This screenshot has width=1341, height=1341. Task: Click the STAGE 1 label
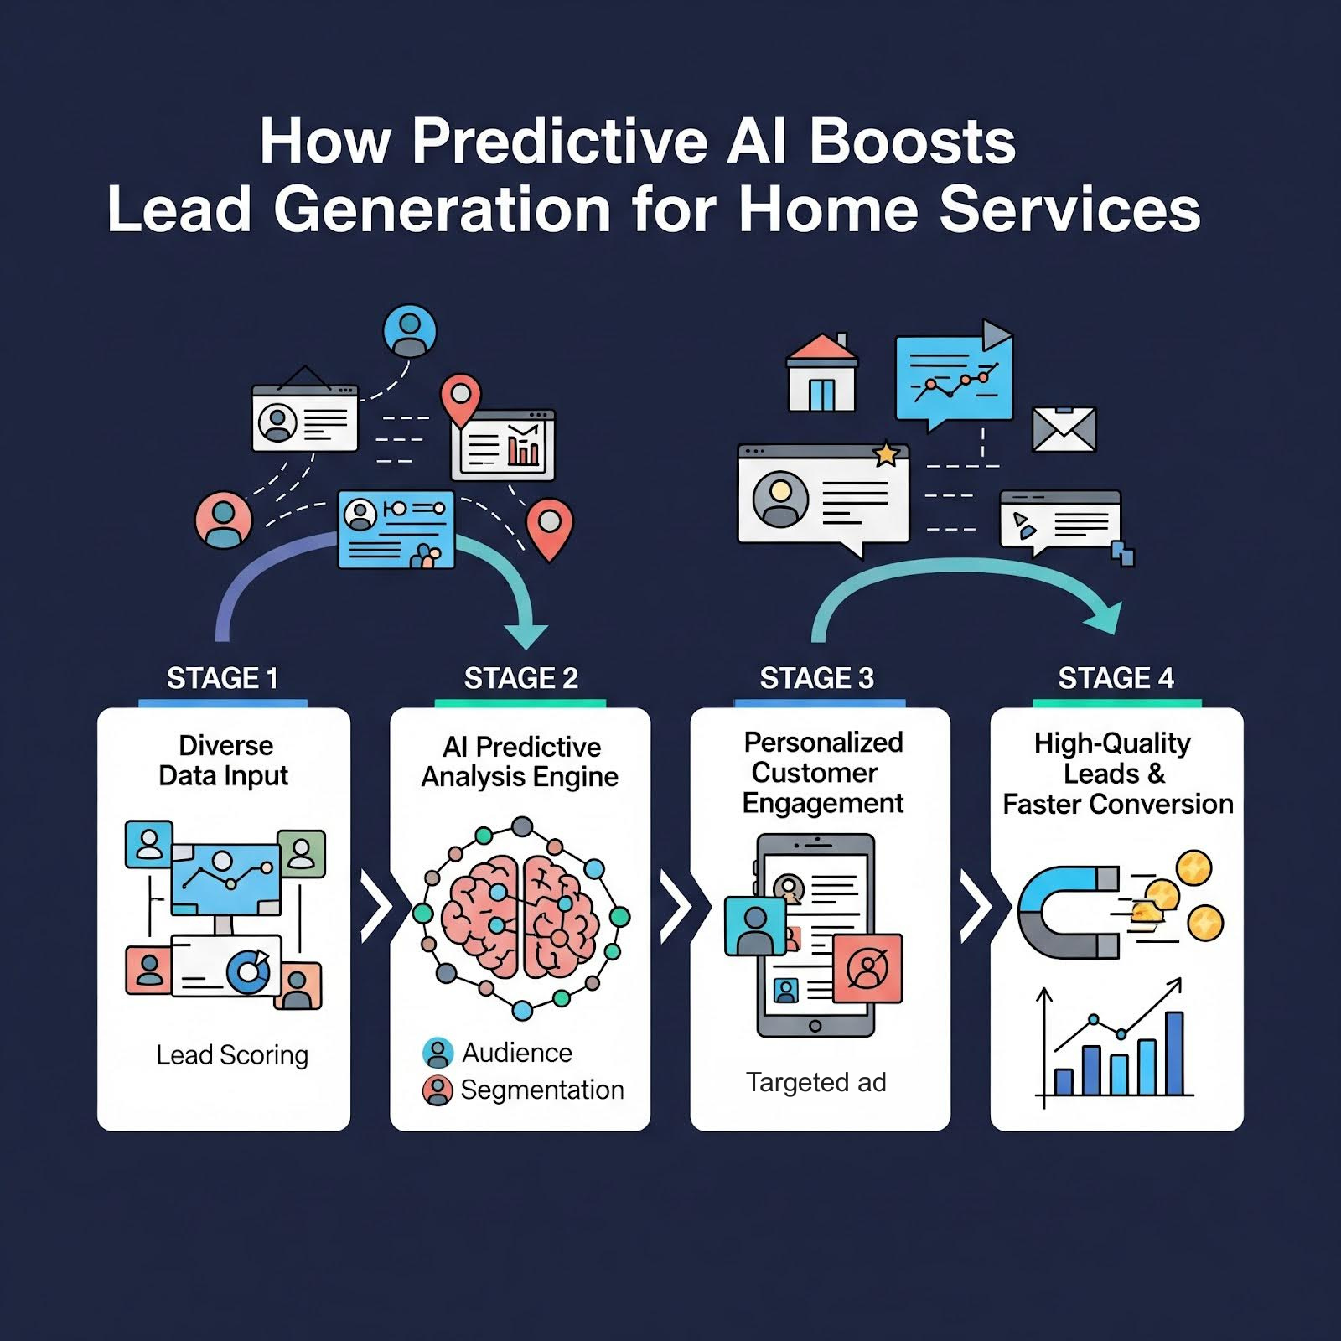click(x=222, y=678)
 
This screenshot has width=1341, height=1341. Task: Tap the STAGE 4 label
click(x=1116, y=678)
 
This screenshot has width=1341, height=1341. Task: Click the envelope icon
click(x=1064, y=429)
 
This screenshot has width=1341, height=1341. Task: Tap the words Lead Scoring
click(x=232, y=1054)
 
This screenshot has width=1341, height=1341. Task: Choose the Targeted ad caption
click(x=816, y=1082)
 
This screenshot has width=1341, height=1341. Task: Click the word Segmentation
click(x=542, y=1090)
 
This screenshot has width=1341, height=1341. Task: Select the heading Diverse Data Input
click(x=225, y=760)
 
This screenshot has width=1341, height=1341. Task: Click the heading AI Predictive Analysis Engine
click(x=520, y=762)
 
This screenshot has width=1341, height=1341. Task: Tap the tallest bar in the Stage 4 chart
click(x=1174, y=1054)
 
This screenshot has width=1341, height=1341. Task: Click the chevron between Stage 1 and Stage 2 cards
click(x=376, y=906)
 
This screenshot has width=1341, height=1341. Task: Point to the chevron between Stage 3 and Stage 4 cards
click(x=975, y=906)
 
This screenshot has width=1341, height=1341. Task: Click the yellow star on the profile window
click(x=886, y=453)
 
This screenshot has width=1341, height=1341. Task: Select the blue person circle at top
click(x=410, y=331)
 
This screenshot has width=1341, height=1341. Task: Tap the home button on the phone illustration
click(x=815, y=1026)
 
